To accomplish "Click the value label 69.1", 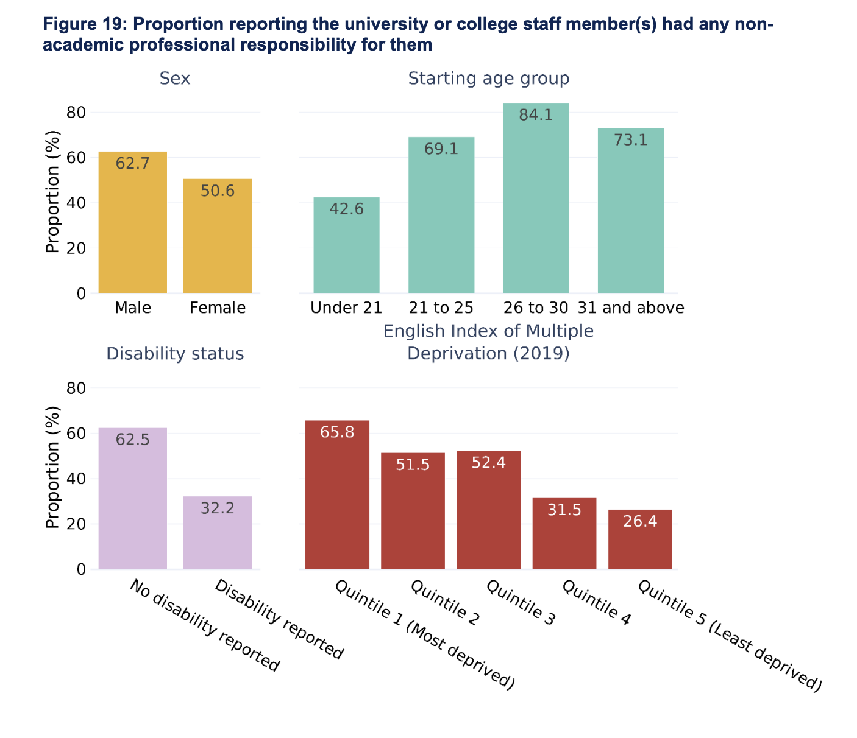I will pyautogui.click(x=441, y=149).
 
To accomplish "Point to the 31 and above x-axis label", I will pyautogui.click(x=631, y=307).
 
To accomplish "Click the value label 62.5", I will pyautogui.click(x=133, y=440).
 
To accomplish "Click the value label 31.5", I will pyautogui.click(x=564, y=510).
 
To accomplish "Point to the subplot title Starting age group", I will pyautogui.click(x=489, y=79).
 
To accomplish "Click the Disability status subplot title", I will pyautogui.click(x=175, y=354).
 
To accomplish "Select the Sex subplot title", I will pyautogui.click(x=175, y=79).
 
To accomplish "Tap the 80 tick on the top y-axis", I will pyautogui.click(x=76, y=113).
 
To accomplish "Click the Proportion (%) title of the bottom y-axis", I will pyautogui.click(x=53, y=467).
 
